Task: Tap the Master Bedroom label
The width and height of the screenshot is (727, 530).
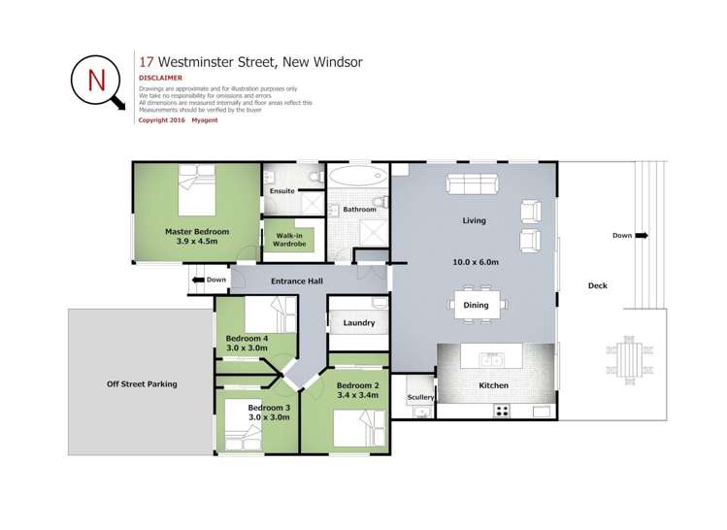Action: [197, 232]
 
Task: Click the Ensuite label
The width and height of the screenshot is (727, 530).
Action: [282, 191]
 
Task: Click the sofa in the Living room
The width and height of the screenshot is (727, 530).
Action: [474, 183]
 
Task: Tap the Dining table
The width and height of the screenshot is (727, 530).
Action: [476, 304]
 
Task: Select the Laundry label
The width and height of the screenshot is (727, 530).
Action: [359, 322]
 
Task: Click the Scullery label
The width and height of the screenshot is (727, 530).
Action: [420, 397]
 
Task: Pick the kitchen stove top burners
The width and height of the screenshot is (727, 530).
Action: [503, 410]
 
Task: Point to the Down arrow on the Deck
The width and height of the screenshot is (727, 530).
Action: [643, 235]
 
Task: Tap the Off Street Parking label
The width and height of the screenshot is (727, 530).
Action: [142, 384]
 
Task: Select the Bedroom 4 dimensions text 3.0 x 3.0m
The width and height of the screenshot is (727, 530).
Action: [247, 348]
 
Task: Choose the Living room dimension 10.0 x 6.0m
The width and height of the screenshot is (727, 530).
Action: [475, 262]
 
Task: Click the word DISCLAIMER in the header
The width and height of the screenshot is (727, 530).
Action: [160, 77]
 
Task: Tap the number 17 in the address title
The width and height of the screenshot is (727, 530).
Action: [147, 61]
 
